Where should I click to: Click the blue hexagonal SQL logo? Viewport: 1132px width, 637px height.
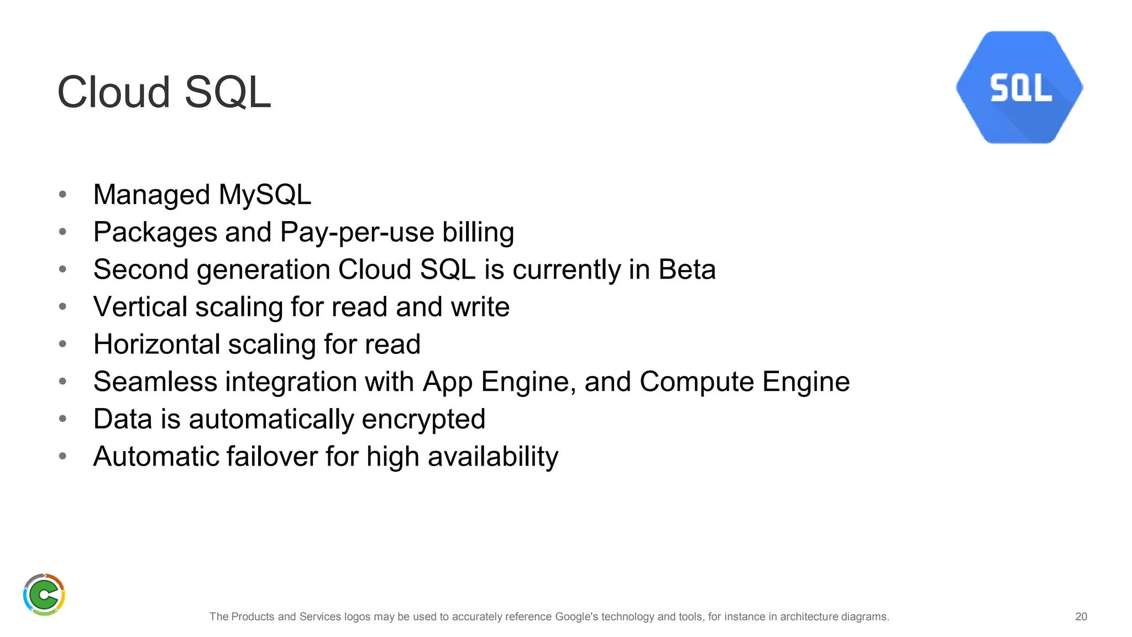(x=1019, y=87)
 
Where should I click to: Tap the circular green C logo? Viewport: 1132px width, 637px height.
(x=44, y=594)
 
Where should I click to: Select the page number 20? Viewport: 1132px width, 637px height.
(x=1081, y=617)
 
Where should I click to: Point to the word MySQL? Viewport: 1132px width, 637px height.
(x=265, y=195)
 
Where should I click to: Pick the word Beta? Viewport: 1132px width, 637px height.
(x=686, y=270)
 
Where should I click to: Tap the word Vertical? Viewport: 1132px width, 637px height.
(x=140, y=307)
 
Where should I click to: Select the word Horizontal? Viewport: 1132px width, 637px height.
(x=157, y=344)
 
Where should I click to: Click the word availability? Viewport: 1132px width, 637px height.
(x=492, y=457)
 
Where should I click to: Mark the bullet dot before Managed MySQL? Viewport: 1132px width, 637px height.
(x=62, y=195)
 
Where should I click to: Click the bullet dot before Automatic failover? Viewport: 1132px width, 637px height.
(x=62, y=456)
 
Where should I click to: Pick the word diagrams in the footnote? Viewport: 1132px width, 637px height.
(x=865, y=617)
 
